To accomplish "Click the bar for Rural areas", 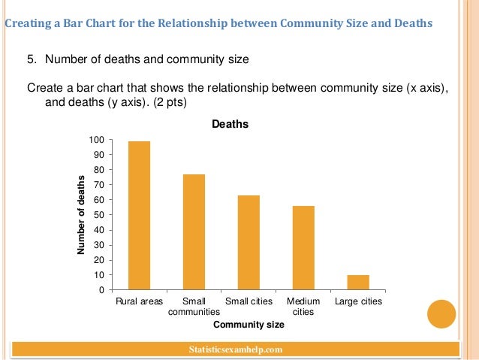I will tap(139, 216).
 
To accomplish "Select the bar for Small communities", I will tap(194, 232).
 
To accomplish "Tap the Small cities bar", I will tap(249, 243).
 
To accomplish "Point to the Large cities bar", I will tap(358, 283).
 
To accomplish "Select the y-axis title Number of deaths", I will tap(81, 214).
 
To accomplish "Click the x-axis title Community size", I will tap(249, 325).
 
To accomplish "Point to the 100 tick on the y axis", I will tap(97, 140).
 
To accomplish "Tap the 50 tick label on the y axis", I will tap(99, 215).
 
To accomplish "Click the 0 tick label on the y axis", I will tap(101, 290).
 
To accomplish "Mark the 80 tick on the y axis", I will tap(99, 170).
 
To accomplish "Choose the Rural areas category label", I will tap(139, 301).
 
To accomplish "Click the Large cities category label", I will tap(358, 301).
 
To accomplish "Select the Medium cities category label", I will tap(303, 306).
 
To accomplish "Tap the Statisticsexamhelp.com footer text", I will tap(237, 349).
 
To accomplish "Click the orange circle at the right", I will tap(441, 313).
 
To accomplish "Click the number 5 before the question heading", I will tap(31, 59).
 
